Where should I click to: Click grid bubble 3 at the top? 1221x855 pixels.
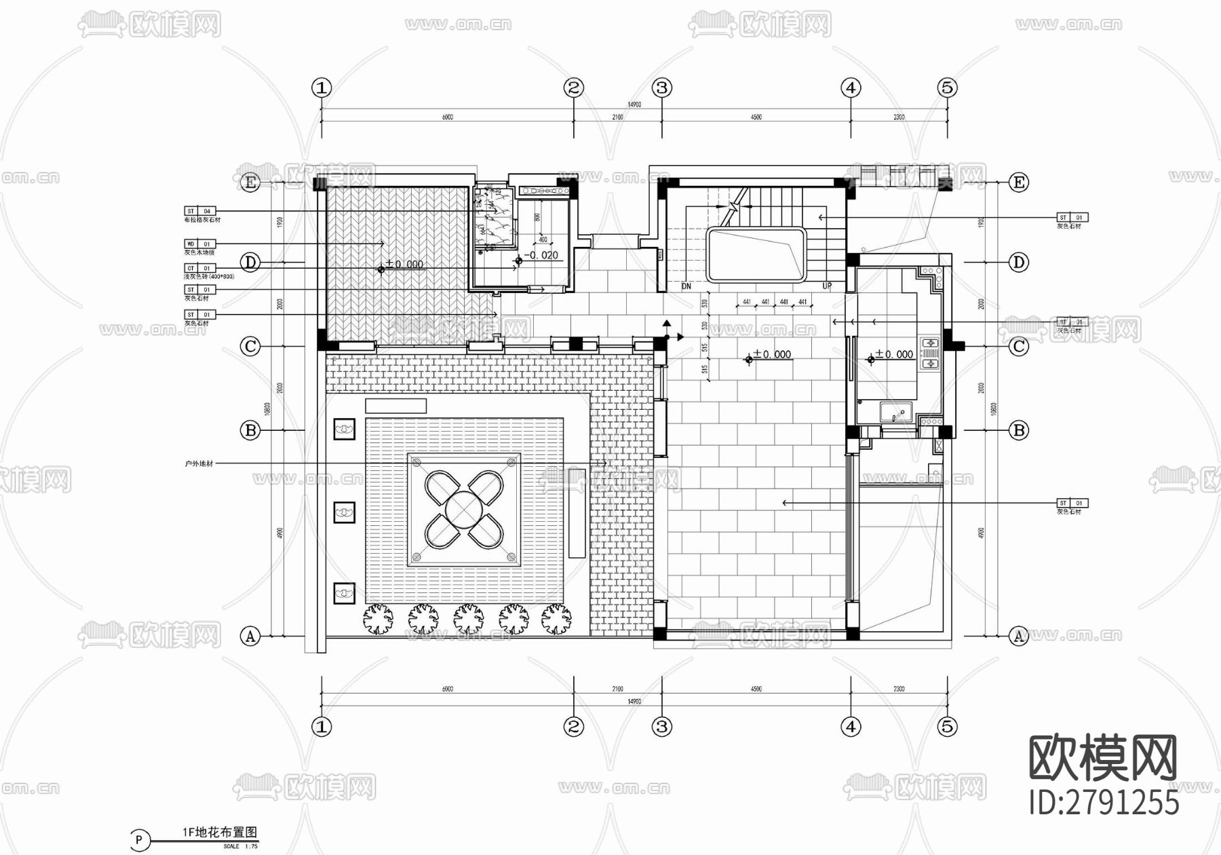point(662,88)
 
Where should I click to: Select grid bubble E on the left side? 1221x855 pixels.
point(250,182)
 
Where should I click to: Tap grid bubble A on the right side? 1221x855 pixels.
point(1018,636)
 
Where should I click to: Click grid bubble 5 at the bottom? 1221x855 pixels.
point(947,727)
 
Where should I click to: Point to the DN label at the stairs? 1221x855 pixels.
point(686,286)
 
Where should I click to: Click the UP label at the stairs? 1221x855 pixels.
point(827,286)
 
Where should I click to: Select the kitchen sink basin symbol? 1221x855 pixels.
point(896,413)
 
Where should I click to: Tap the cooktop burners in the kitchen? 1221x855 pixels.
point(929,354)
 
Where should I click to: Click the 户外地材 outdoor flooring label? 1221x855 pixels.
point(199,463)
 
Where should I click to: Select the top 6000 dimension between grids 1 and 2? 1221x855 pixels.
point(448,117)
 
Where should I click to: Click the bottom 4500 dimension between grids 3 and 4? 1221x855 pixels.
point(756,689)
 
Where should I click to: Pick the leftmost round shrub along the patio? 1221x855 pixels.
point(378,619)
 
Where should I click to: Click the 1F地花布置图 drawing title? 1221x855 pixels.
point(220,833)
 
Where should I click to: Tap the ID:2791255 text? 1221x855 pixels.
point(1104,803)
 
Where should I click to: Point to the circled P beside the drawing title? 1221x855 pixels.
point(139,840)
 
